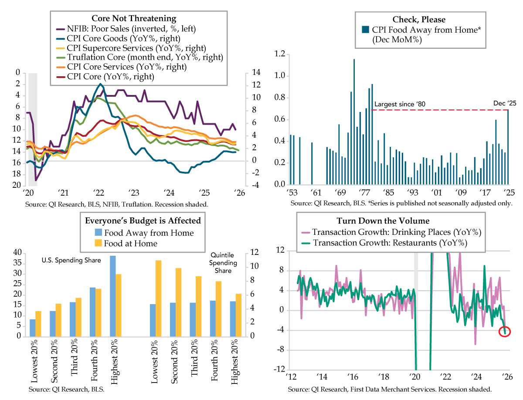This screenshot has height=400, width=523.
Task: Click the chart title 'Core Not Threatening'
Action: (x=134, y=18)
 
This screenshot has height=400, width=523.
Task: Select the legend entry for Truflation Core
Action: (x=145, y=58)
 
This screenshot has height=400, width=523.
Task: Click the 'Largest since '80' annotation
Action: (x=400, y=105)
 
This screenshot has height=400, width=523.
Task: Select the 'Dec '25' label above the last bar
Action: (x=503, y=103)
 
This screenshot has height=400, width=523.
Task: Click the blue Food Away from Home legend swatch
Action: (x=98, y=233)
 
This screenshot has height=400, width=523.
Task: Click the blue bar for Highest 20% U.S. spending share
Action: (x=112, y=296)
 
